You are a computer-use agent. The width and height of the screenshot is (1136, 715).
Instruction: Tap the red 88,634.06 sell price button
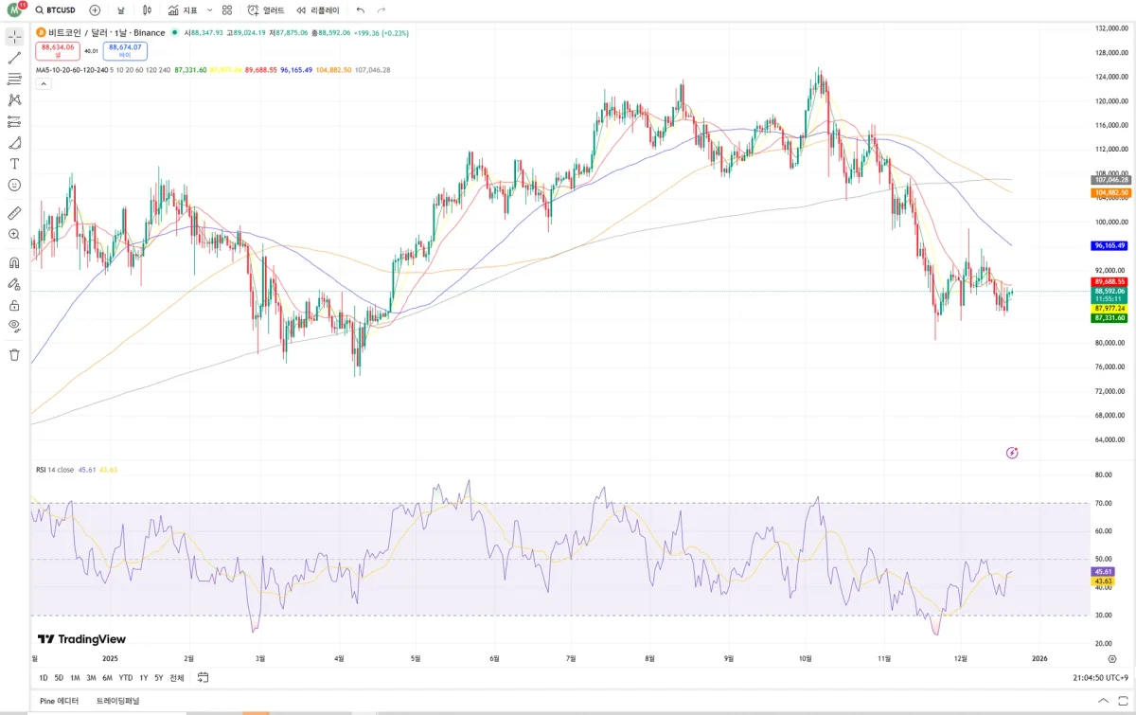coord(58,50)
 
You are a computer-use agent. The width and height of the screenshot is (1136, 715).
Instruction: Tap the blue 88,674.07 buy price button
coord(125,50)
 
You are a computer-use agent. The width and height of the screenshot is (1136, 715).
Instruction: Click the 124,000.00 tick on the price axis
coord(1109,77)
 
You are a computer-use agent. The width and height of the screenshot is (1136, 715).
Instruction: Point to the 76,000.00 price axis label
coord(1109,366)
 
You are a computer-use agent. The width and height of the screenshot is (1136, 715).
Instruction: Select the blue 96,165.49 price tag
coord(1109,245)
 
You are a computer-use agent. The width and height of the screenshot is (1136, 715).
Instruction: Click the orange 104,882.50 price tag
coord(1109,192)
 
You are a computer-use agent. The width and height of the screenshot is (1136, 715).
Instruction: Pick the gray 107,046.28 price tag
coord(1109,179)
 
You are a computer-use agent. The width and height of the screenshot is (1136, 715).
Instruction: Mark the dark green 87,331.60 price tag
coord(1109,318)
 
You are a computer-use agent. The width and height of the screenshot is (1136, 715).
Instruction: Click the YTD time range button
coord(125,678)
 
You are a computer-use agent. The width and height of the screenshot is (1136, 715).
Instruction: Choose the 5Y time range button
coord(158,678)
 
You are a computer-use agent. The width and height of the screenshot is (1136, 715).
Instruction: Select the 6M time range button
coord(107,678)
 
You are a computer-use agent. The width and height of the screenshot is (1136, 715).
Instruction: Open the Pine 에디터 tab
coord(60,701)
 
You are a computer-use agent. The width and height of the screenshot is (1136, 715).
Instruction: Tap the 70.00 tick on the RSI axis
coord(1103,503)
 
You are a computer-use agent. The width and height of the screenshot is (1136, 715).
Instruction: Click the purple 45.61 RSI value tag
coord(1103,572)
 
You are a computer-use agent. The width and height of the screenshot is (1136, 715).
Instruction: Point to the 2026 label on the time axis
coord(1039,658)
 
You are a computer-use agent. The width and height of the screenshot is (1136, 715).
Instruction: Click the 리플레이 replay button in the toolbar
coord(318,10)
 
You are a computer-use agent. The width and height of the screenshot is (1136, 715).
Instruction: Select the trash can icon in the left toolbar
coord(14,355)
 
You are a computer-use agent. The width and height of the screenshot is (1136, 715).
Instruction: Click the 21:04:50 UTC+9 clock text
coord(1101,678)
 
